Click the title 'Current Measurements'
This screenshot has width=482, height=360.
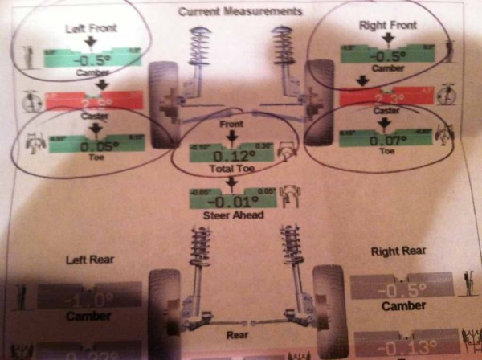[240, 12]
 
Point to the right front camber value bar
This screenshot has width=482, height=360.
[388, 55]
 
